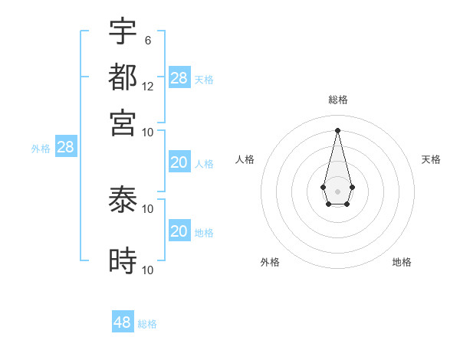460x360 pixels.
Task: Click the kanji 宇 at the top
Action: (x=123, y=31)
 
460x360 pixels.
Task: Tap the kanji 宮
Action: (x=123, y=122)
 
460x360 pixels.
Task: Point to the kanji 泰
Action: (x=123, y=201)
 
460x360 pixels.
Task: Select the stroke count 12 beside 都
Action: (x=148, y=87)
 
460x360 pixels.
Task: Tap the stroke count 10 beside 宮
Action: (x=148, y=132)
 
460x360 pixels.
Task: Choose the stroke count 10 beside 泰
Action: (x=148, y=208)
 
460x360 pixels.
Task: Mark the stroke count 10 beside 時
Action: (x=148, y=270)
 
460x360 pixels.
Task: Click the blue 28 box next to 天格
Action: (x=179, y=78)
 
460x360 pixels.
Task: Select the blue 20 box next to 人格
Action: (x=179, y=162)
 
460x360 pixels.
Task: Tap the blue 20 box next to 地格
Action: (x=179, y=231)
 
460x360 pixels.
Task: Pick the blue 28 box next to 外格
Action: (x=65, y=148)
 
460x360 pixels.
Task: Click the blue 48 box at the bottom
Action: (x=123, y=322)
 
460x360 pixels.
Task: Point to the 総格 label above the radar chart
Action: (x=338, y=100)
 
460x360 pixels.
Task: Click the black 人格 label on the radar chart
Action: (x=245, y=159)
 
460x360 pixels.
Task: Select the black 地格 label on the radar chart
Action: (x=402, y=262)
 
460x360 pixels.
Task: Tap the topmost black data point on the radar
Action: (x=338, y=129)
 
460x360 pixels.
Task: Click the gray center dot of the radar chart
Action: (x=338, y=190)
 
